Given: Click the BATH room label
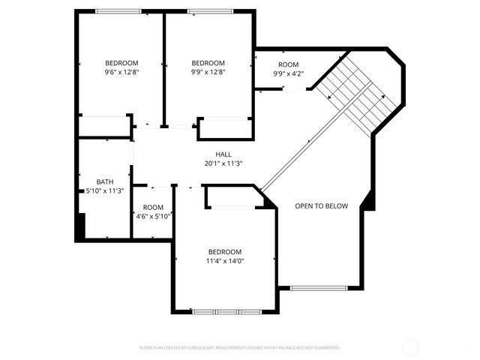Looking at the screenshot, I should (104, 181).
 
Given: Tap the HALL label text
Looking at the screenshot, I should (223, 154).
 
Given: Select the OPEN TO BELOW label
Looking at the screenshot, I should (321, 206).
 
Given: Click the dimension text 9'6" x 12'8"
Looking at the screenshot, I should (121, 72).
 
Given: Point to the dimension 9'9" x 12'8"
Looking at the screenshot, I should (208, 72).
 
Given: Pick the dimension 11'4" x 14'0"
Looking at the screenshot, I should (225, 261).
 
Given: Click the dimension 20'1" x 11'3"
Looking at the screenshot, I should (223, 163).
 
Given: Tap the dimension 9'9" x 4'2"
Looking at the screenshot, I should (288, 73).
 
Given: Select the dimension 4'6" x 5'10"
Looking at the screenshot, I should (153, 217).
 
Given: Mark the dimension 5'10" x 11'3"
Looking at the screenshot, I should (104, 190).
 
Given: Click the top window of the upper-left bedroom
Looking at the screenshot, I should (118, 11).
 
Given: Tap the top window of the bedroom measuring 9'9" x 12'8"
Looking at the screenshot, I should (208, 11).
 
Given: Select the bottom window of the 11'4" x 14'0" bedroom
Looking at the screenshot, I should (226, 310).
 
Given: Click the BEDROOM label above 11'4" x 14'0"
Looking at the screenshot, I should (225, 252).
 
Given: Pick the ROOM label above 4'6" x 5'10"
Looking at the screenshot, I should (153, 208).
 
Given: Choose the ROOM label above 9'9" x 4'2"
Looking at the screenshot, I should (288, 64).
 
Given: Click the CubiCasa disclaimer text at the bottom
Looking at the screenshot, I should (240, 348).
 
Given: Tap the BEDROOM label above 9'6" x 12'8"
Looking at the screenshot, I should (121, 63).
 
